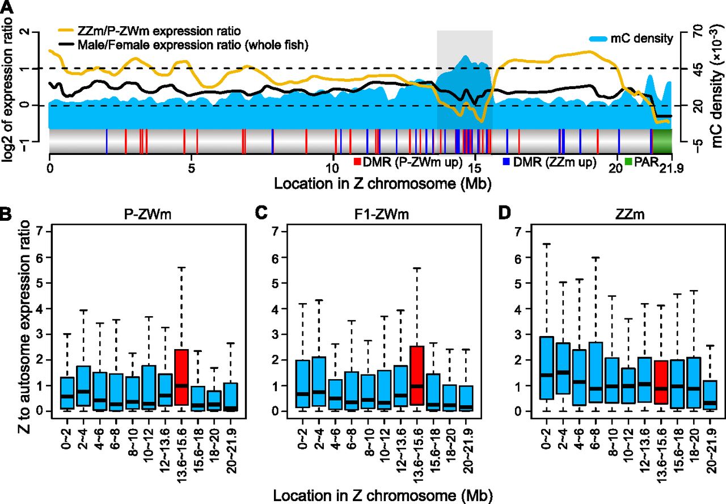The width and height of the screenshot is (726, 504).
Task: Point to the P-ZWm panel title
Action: [148, 217]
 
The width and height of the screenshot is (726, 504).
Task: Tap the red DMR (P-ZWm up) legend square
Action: [357, 162]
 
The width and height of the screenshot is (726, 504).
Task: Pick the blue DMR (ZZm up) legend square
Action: [506, 162]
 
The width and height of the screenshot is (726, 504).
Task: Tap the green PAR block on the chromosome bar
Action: [662, 141]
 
